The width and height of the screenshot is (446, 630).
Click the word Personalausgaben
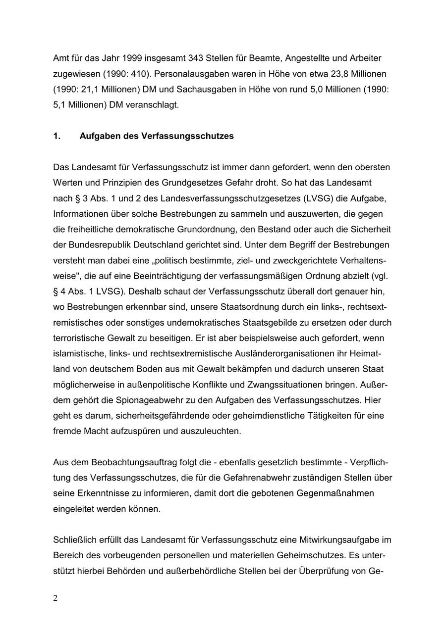[x=182, y=74]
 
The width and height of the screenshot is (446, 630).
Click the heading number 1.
[x=56, y=136]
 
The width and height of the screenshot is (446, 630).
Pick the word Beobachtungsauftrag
[x=130, y=463]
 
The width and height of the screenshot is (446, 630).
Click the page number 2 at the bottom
[x=56, y=598]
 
